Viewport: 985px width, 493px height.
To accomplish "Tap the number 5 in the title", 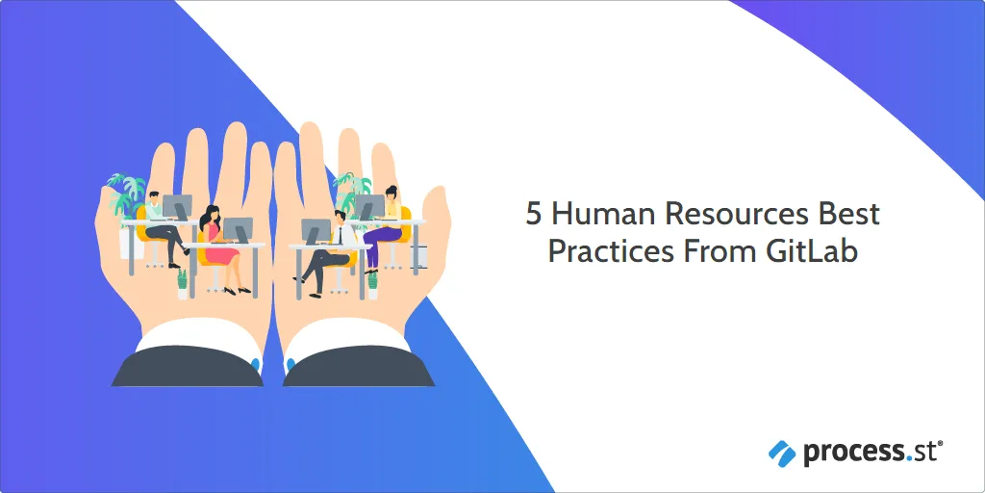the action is tap(533, 215).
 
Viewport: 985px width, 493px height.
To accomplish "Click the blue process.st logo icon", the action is tap(782, 453).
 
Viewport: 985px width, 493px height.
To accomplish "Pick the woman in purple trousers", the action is tap(385, 227).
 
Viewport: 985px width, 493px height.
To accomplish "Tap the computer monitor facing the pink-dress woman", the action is tap(238, 229).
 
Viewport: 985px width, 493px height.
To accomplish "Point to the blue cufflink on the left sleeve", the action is tap(255, 363).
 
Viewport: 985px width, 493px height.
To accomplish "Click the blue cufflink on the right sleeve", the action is tap(290, 364).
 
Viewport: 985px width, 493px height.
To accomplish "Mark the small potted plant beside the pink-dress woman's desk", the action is tap(182, 284).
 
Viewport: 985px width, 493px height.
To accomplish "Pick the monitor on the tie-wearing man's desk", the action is tap(316, 232).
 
